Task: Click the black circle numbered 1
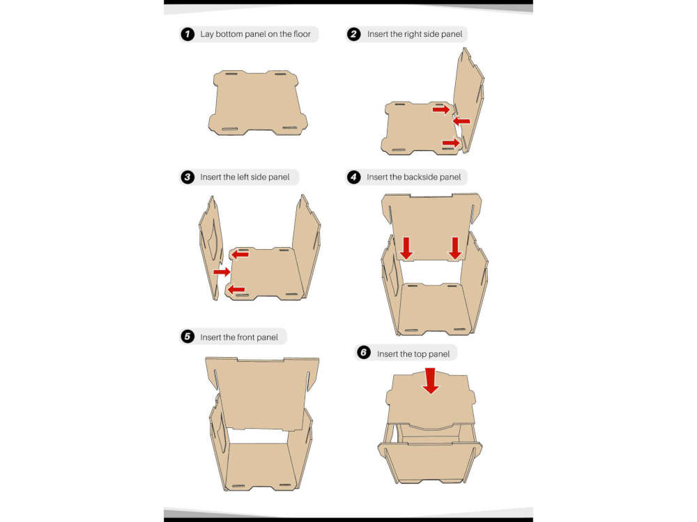187,34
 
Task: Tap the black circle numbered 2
354,34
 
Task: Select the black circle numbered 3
187,177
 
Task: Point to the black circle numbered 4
354,177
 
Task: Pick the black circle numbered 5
187,336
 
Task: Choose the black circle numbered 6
364,353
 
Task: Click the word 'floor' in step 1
302,33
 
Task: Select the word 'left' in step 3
243,177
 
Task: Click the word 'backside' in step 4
408,177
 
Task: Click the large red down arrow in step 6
430,381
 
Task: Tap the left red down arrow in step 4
406,248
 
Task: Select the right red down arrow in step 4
454,248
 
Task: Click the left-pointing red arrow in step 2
461,120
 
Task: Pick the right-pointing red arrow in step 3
222,271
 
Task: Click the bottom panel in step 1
258,102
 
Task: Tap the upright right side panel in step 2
469,100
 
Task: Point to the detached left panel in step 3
210,247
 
